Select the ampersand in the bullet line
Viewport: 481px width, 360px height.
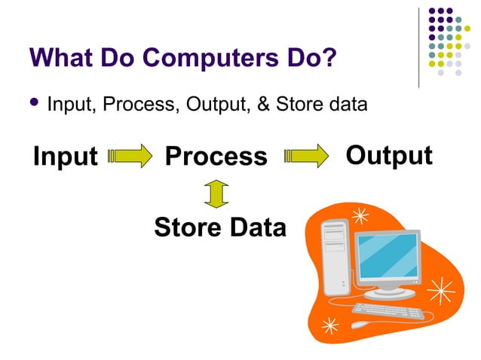[x=264, y=104]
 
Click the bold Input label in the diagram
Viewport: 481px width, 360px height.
[x=66, y=157]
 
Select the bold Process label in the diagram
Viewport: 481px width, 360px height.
[x=216, y=157]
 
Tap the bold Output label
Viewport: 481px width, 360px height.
[x=388, y=155]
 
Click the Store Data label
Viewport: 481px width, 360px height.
[x=220, y=227]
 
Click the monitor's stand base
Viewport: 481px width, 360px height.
[x=391, y=293]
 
